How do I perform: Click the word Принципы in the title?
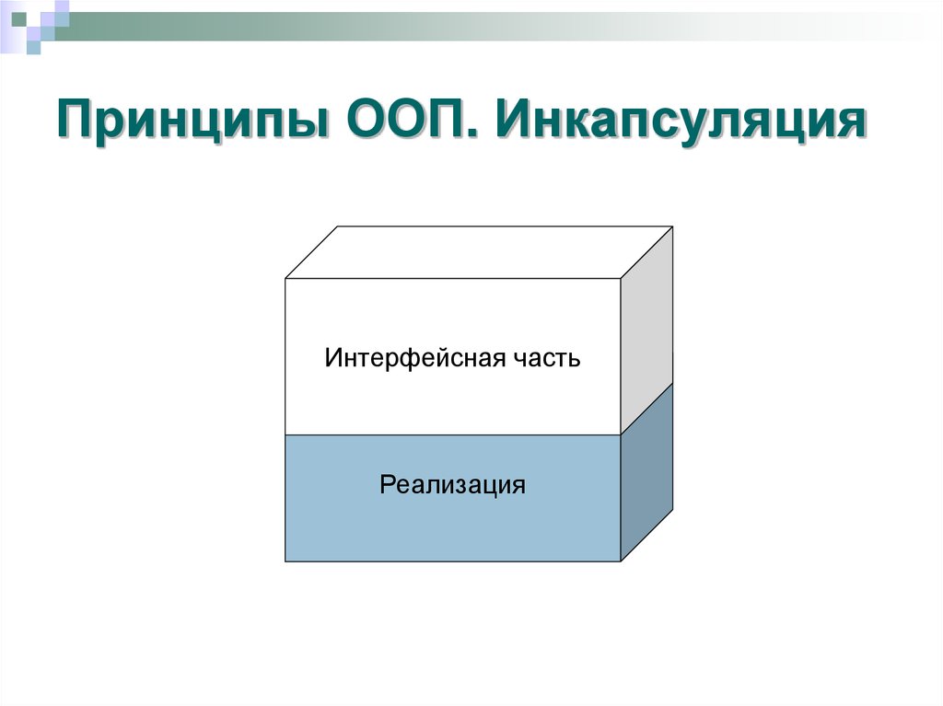click(x=192, y=122)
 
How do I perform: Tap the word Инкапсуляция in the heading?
click(x=682, y=122)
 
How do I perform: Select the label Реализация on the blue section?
click(x=452, y=484)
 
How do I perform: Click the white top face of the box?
click(x=479, y=251)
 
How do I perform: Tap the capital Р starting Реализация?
click(x=387, y=484)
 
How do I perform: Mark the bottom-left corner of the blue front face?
click(x=285, y=561)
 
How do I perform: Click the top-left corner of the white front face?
click(x=285, y=278)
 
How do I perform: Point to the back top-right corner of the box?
click(x=673, y=226)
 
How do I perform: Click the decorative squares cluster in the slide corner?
click(x=35, y=22)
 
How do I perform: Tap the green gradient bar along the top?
click(x=460, y=19)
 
